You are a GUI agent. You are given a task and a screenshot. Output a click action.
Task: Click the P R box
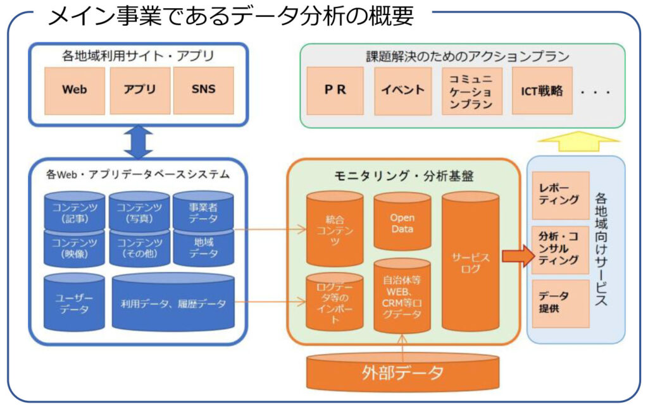335,91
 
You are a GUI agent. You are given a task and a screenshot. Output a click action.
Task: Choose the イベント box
403,91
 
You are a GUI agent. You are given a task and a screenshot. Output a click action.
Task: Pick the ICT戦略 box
542,91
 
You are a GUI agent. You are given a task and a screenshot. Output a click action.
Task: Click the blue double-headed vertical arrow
139,142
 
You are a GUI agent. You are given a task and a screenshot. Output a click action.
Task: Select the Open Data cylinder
402,222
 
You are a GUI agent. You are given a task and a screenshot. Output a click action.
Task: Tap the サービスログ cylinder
470,262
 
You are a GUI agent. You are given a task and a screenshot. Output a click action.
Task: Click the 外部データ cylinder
402,372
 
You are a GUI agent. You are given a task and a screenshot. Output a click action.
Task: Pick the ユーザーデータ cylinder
75,302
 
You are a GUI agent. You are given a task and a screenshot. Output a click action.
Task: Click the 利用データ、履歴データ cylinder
173,302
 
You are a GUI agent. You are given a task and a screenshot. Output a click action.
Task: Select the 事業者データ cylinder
203,211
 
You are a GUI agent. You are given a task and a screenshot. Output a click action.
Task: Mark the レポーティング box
561,195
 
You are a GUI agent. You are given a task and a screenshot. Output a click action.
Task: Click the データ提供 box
561,303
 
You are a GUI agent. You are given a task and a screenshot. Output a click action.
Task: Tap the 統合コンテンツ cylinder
335,229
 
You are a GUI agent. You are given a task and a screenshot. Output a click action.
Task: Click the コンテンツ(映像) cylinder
75,248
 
